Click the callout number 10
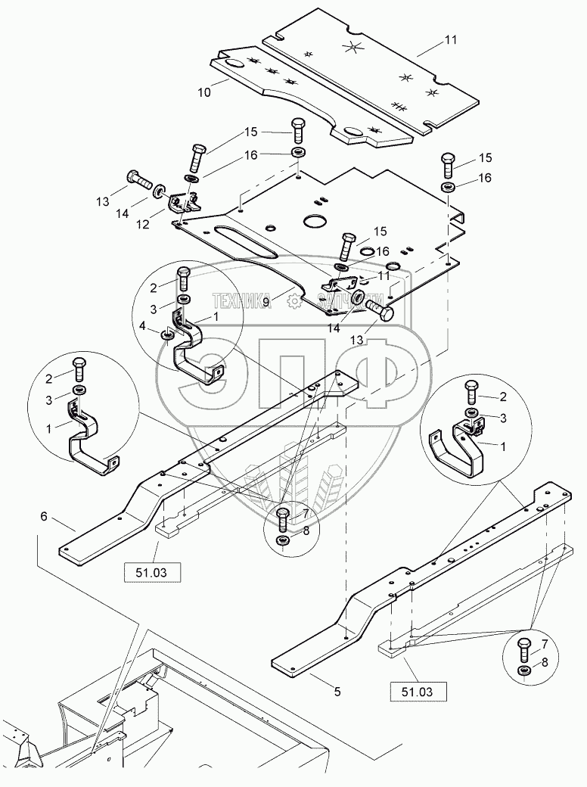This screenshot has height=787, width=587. click(x=204, y=92)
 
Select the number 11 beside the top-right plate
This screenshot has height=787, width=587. click(x=451, y=39)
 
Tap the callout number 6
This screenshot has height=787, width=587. click(x=44, y=516)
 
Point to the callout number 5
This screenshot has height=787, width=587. click(x=337, y=692)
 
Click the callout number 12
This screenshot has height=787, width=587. click(x=143, y=224)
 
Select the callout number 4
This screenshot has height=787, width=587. click(x=142, y=326)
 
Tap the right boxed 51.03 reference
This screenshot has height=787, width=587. click(x=418, y=692)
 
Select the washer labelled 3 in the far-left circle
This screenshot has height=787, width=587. click(x=79, y=390)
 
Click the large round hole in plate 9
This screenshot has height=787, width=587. click(x=315, y=221)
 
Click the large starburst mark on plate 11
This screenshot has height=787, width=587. click(x=354, y=47)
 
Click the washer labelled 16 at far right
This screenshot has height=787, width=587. click(x=448, y=187)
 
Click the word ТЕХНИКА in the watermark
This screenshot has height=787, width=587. click(x=242, y=300)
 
